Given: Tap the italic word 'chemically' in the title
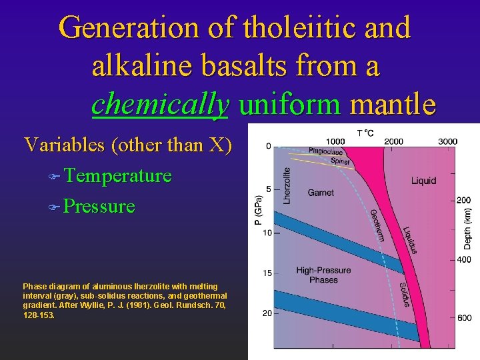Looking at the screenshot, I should point(161,104).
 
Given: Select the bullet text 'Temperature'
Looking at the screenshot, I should point(118,176).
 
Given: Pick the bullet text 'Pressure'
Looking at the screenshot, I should point(100,206).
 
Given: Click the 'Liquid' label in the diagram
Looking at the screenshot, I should point(423,180).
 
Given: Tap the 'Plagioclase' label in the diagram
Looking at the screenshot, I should point(325,151).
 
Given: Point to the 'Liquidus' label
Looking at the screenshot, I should point(410,240).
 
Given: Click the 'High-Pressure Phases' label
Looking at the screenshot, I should point(323,275).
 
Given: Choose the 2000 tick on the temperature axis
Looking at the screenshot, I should point(393,141).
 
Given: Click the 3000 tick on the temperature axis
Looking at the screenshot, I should point(447,141).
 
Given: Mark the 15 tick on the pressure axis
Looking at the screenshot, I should point(266,273).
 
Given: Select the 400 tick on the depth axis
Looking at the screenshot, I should point(464,259).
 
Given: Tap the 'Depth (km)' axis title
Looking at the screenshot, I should point(469,227).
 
